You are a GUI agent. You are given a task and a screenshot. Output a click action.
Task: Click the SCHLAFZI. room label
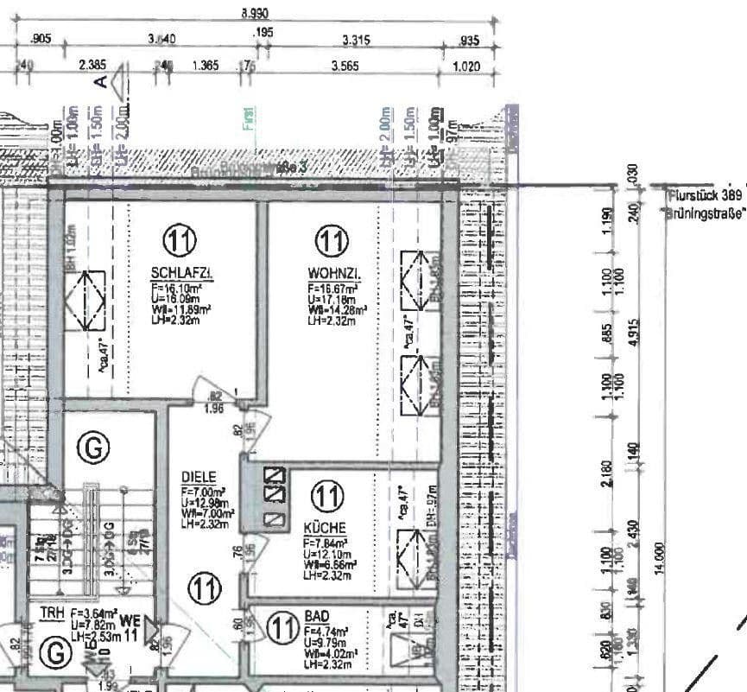(x=182, y=274)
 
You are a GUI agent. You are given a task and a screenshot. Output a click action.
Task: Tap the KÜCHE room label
(x=325, y=527)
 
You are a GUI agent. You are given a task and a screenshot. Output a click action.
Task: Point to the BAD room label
(x=317, y=618)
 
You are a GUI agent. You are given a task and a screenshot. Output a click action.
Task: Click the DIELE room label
(x=198, y=477)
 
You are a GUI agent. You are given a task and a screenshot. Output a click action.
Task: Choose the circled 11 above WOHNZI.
(x=330, y=241)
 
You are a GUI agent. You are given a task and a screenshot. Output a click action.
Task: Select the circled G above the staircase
(x=92, y=447)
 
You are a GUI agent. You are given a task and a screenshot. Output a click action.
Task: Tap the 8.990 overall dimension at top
(x=255, y=13)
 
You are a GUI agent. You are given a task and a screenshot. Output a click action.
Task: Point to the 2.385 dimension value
(x=93, y=66)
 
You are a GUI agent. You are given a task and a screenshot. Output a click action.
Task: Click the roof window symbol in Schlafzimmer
(x=89, y=300)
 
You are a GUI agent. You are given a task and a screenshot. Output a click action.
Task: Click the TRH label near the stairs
(x=52, y=613)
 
